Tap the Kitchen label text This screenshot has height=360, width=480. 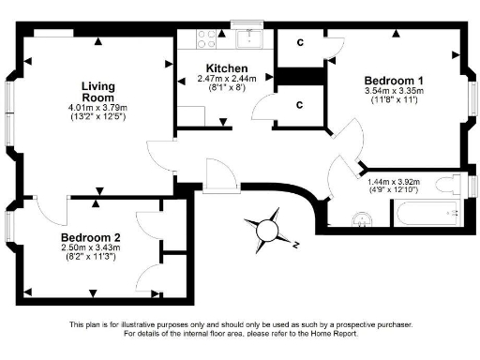coord(227,68)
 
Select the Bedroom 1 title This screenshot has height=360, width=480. coord(386,79)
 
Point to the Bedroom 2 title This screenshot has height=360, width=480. coord(91,237)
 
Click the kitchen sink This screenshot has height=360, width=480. coord(249,38)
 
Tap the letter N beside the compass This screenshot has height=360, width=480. coord(294,245)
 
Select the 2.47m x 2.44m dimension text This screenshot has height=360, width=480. coord(227,81)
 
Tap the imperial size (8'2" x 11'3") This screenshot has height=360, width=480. coord(91,260)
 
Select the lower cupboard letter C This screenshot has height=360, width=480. coord(299,104)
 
